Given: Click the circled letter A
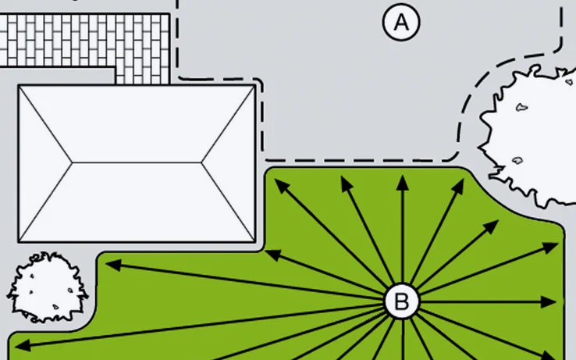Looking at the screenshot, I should tap(401, 23).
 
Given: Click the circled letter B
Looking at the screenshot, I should tap(402, 301).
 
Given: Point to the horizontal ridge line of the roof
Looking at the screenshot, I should tap(137, 162).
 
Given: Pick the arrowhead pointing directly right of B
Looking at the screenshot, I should tap(556, 301).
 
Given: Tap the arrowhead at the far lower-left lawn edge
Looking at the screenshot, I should tap(19, 344).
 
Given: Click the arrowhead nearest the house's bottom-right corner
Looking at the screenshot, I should tap(270, 253).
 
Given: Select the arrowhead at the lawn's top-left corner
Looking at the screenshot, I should tap(279, 185).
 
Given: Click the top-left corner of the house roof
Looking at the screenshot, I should tap(20, 86).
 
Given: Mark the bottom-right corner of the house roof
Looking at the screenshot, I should tap(254, 241).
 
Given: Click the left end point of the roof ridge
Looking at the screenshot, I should tap(73, 162).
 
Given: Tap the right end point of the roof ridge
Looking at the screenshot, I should tap(201, 162).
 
